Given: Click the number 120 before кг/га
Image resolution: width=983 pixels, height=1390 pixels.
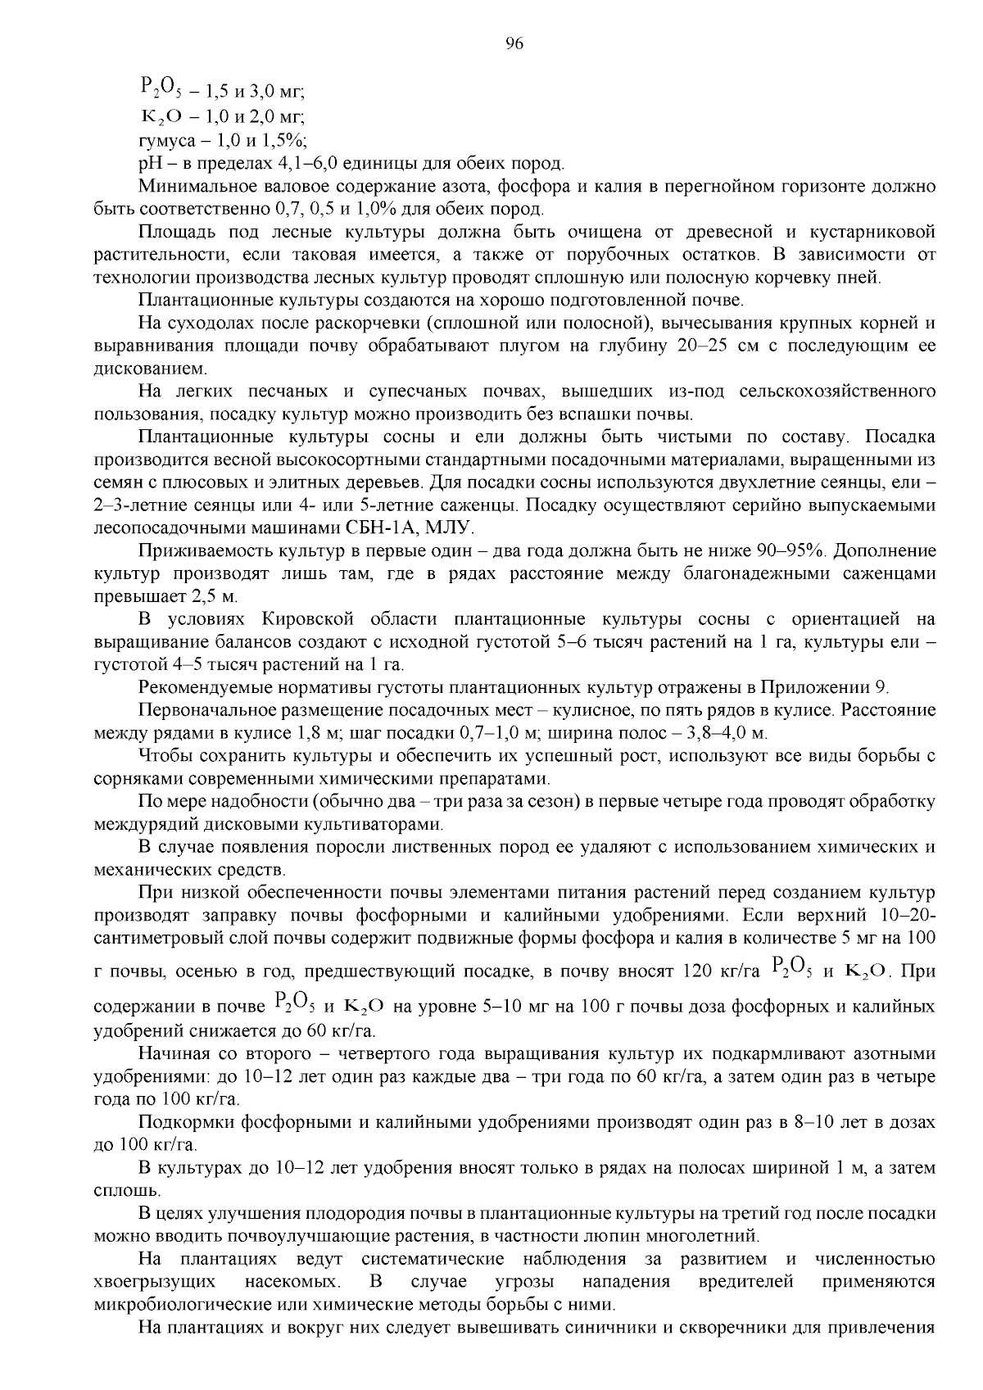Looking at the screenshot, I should (695, 972).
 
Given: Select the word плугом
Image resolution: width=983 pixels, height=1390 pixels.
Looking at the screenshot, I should (523, 345).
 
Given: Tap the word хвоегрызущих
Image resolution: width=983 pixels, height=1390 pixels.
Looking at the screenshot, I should (155, 1280).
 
